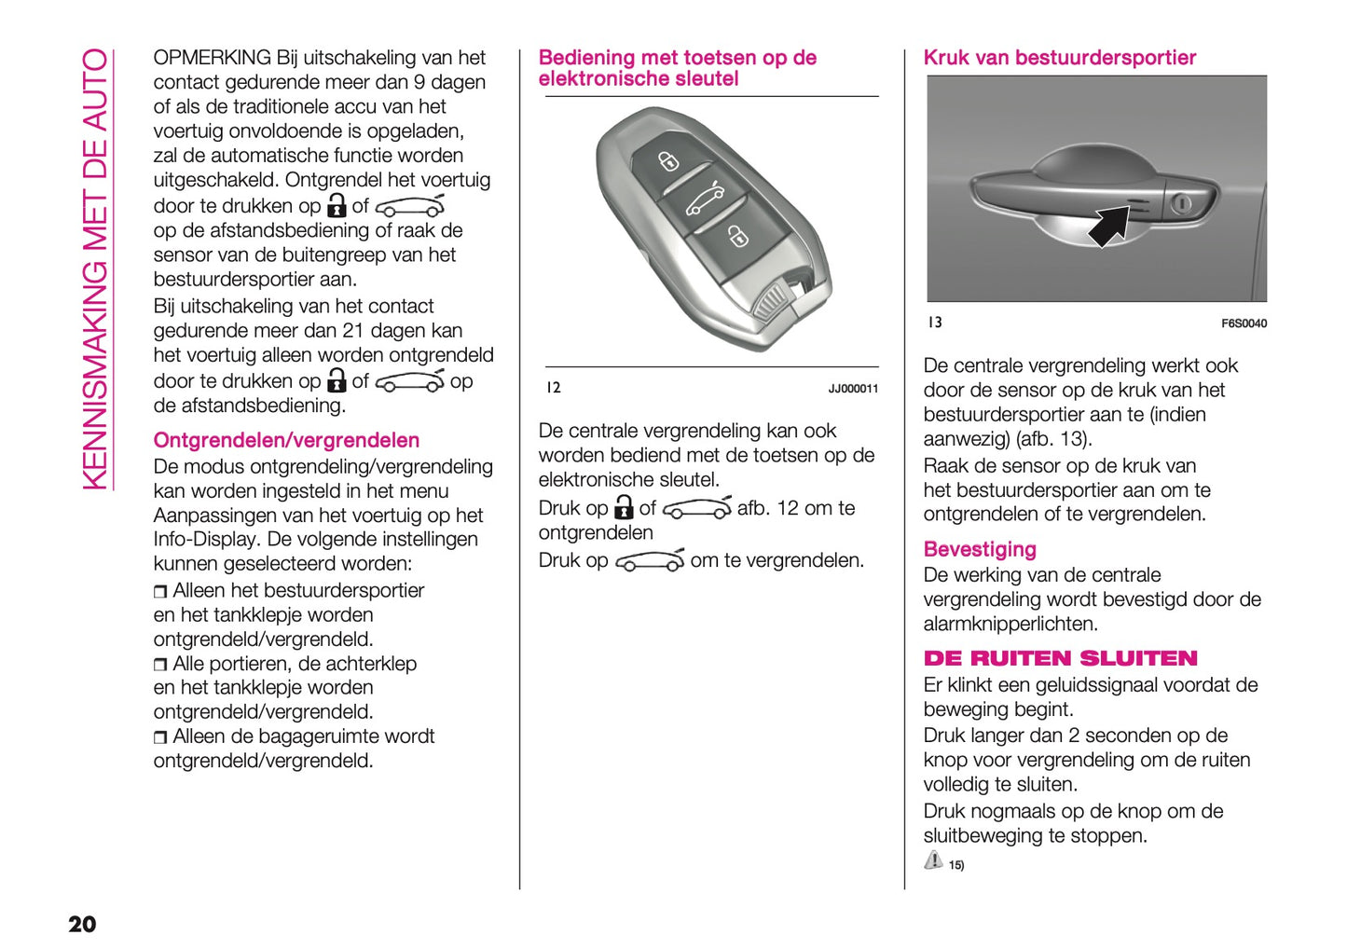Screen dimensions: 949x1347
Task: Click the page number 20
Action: (x=82, y=924)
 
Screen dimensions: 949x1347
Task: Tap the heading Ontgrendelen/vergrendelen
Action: (x=286, y=440)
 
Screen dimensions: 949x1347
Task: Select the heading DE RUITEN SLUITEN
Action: (x=1060, y=658)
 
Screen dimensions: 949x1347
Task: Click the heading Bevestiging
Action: (x=979, y=549)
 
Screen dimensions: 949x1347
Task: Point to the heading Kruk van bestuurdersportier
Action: (x=1059, y=58)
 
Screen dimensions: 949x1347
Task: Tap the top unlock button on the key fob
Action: (x=668, y=162)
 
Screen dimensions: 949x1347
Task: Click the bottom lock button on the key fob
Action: (x=737, y=236)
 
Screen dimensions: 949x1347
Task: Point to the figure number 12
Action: (x=554, y=388)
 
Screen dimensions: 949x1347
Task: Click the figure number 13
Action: (x=934, y=323)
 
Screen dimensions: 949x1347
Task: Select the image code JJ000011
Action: (x=853, y=389)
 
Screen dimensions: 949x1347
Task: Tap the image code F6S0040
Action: (x=1244, y=323)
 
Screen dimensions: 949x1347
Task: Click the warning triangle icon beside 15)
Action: (x=933, y=860)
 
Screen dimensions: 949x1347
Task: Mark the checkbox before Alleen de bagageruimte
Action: (x=160, y=737)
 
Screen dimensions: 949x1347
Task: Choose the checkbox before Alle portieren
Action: (x=160, y=665)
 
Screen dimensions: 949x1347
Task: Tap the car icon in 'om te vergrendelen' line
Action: (x=650, y=560)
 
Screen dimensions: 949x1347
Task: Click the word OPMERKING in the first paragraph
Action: (x=212, y=58)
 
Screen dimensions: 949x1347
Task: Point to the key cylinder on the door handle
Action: (x=1181, y=202)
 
